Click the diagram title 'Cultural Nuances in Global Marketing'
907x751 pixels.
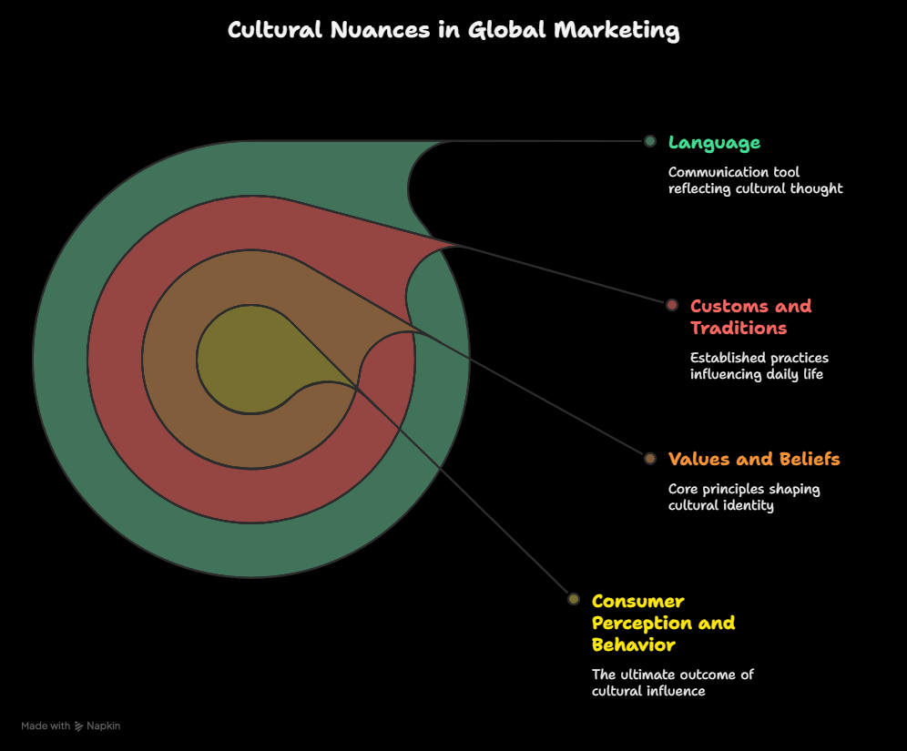point(453,30)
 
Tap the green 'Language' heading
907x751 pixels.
point(714,143)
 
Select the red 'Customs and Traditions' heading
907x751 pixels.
point(750,317)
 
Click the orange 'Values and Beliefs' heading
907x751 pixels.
point(754,459)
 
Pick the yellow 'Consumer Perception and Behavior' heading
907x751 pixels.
point(664,624)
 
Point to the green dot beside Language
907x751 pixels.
point(650,141)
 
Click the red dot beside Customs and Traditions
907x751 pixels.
point(671,305)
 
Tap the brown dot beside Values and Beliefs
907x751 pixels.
point(650,459)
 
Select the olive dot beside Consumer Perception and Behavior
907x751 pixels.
point(573,599)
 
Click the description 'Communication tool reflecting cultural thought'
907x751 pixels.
point(756,180)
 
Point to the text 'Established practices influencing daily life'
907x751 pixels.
point(759,366)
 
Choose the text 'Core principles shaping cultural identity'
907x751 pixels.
point(744,497)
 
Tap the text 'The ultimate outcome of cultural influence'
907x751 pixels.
point(673,683)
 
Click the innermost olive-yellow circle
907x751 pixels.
point(249,360)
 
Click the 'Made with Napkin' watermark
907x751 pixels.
point(70,726)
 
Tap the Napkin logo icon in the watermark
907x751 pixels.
point(78,726)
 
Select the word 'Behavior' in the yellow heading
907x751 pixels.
point(634,645)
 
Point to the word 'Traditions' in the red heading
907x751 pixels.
point(739,329)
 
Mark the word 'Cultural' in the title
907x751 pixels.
point(275,30)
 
